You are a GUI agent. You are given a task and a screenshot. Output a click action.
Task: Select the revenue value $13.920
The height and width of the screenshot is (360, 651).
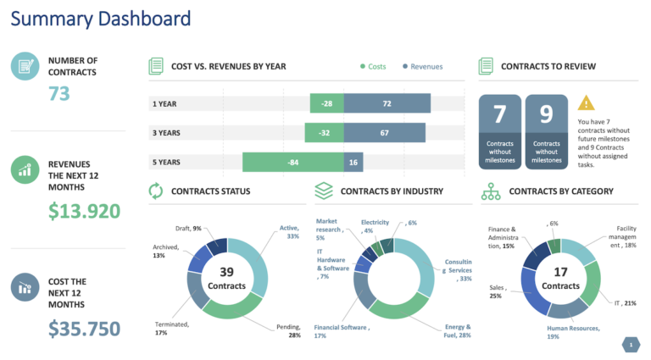point(84,211)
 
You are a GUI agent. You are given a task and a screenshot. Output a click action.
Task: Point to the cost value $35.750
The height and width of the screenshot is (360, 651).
point(84,328)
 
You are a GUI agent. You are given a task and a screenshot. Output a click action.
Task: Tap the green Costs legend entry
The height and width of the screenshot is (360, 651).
point(373,66)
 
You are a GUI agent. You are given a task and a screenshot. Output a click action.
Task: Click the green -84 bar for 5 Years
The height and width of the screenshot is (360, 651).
point(292,163)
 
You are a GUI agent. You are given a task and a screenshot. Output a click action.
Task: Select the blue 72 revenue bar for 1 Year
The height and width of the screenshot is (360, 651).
point(387,103)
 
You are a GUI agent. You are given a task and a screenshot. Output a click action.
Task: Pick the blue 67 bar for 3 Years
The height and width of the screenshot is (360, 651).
point(384,133)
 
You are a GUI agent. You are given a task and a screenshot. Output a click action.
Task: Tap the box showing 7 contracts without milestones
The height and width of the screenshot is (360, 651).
point(499,132)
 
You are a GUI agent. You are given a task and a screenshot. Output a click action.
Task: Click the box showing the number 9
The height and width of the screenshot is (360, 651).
point(546,132)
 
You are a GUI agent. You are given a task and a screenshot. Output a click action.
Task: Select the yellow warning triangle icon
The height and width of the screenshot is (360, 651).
point(586,103)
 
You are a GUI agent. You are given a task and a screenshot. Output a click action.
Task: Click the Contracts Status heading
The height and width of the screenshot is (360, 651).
point(210,191)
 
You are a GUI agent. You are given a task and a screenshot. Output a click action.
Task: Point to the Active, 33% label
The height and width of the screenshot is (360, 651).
point(289,232)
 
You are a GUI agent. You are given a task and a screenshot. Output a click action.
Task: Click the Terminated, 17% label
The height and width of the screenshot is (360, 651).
point(172,328)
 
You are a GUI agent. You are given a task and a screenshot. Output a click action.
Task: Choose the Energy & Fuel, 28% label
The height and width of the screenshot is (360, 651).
point(458,331)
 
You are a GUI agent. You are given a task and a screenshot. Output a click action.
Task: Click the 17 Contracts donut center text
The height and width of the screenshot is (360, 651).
point(560,279)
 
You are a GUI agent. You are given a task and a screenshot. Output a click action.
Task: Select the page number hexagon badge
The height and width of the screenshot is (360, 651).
point(631,344)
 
